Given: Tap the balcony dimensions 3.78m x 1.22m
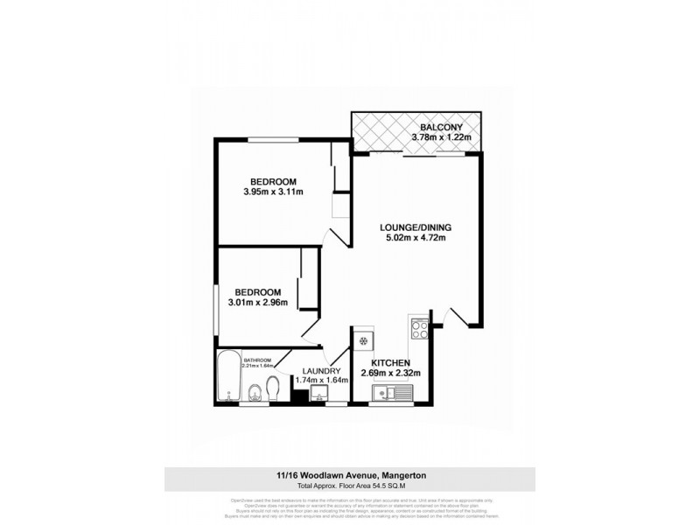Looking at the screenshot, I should (441, 137).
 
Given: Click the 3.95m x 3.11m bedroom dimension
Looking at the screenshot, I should (273, 192).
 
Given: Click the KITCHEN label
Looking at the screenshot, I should (390, 362).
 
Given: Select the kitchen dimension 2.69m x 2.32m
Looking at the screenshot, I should (390, 374).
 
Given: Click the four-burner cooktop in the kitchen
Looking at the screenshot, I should (418, 331).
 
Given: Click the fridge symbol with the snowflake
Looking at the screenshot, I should (364, 339).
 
